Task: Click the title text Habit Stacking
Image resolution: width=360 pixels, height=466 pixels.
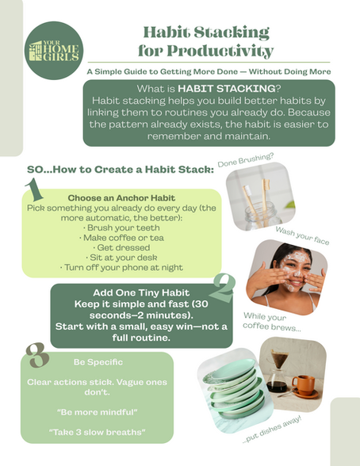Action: point(206,32)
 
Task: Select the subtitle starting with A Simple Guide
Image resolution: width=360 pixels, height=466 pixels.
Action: point(209,71)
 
